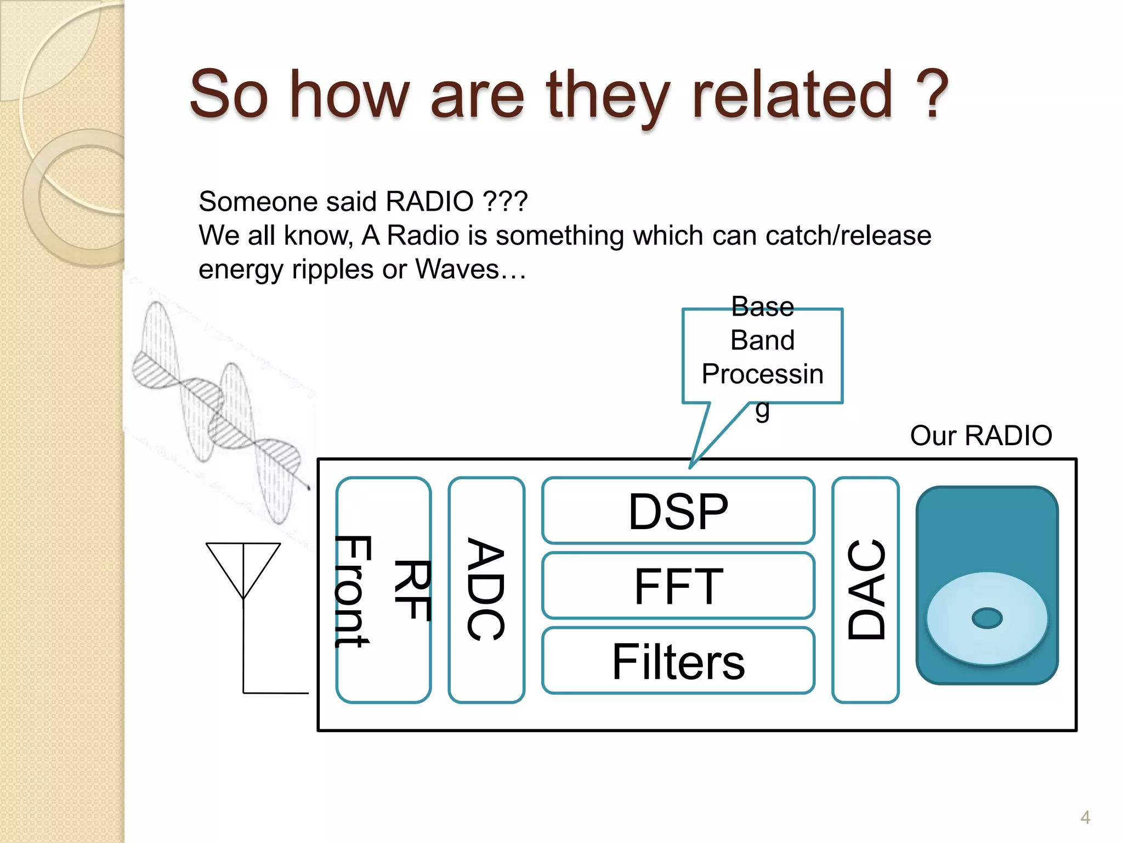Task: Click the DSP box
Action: [678, 511]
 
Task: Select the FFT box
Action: [678, 586]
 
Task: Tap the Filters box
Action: [678, 661]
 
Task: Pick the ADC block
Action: [486, 589]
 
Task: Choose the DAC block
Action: [865, 589]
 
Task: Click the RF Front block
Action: [383, 590]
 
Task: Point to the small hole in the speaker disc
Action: [986, 618]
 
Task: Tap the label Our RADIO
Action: [980, 436]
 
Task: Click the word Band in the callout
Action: [762, 340]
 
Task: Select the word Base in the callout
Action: [762, 306]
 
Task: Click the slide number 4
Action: [1085, 817]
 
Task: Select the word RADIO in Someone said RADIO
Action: [429, 201]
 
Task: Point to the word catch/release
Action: [848, 235]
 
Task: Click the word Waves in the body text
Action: [457, 269]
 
